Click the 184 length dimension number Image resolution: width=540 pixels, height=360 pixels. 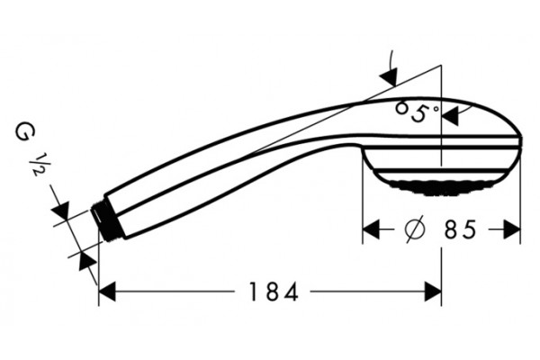(x=273, y=292)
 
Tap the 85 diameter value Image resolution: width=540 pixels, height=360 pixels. (x=461, y=229)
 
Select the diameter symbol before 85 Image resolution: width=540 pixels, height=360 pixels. (x=415, y=229)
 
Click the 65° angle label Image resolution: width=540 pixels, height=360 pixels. (x=417, y=112)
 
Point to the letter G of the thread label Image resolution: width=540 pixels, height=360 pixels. (x=25, y=132)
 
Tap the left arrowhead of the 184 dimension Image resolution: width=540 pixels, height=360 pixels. (x=107, y=292)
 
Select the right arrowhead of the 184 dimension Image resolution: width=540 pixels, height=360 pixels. (x=433, y=292)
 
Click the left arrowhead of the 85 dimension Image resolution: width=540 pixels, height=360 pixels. (x=371, y=229)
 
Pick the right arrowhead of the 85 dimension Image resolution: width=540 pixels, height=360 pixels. (x=512, y=229)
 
